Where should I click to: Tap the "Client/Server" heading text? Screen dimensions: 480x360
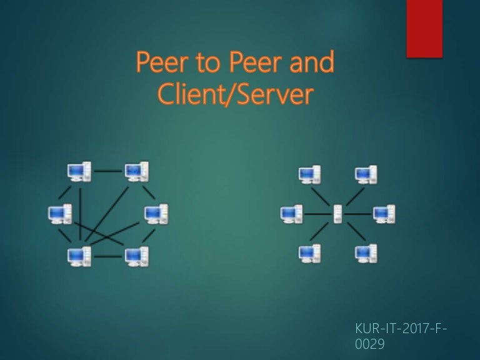236,94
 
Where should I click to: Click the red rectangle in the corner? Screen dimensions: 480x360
424,29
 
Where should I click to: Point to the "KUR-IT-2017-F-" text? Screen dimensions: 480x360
401,329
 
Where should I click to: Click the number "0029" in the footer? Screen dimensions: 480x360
369,344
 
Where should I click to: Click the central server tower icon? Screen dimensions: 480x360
337,214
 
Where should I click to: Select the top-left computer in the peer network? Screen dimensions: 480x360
79,172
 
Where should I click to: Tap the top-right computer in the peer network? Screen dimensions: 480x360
137,172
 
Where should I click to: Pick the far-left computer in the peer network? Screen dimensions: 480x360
60,214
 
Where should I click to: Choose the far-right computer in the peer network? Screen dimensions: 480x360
156,214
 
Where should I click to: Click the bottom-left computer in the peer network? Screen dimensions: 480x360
79,256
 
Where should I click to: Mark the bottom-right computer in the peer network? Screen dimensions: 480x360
137,256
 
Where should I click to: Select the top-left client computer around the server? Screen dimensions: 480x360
310,175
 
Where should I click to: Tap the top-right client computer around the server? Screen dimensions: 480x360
366,175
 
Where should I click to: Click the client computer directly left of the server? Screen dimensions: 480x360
291,214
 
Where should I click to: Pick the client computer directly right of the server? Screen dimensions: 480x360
384,214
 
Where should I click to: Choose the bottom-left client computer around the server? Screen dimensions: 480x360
310,254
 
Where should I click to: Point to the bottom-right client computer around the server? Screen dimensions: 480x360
366,254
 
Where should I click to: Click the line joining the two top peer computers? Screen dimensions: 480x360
108,171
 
